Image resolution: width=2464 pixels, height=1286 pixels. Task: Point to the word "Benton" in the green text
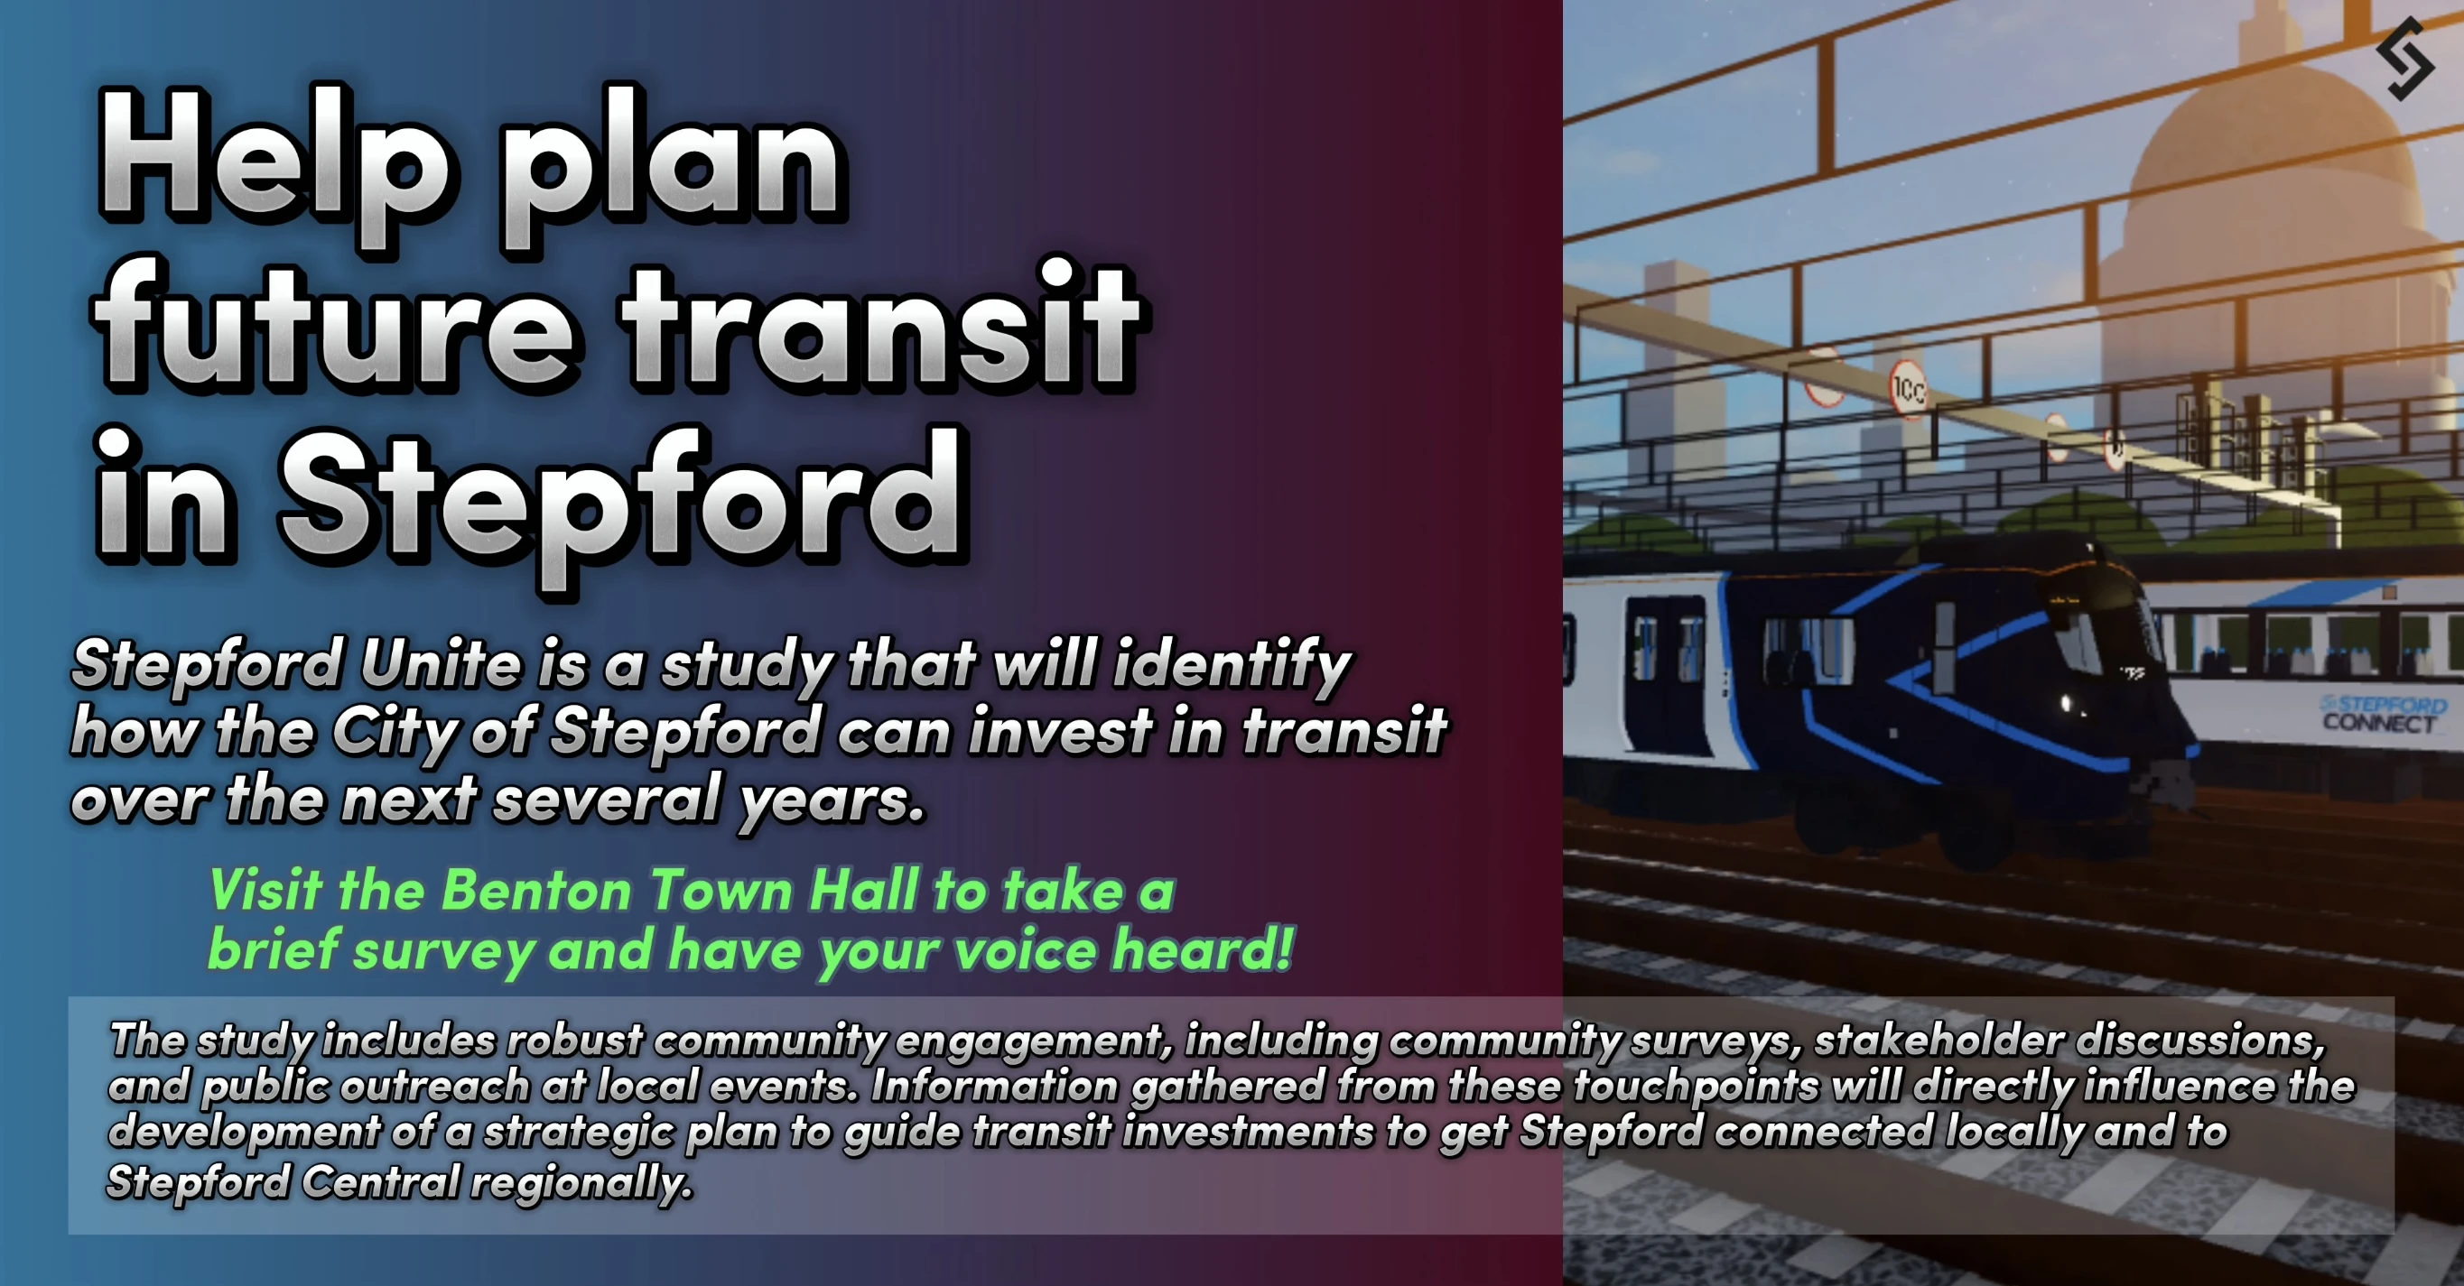click(x=536, y=890)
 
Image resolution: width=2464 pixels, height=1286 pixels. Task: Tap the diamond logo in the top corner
click(x=2405, y=59)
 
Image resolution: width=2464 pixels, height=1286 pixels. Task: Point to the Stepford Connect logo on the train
click(x=2383, y=713)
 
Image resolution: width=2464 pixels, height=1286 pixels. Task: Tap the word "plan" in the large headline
click(x=671, y=172)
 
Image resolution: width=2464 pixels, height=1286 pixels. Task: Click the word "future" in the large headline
click(x=336, y=325)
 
